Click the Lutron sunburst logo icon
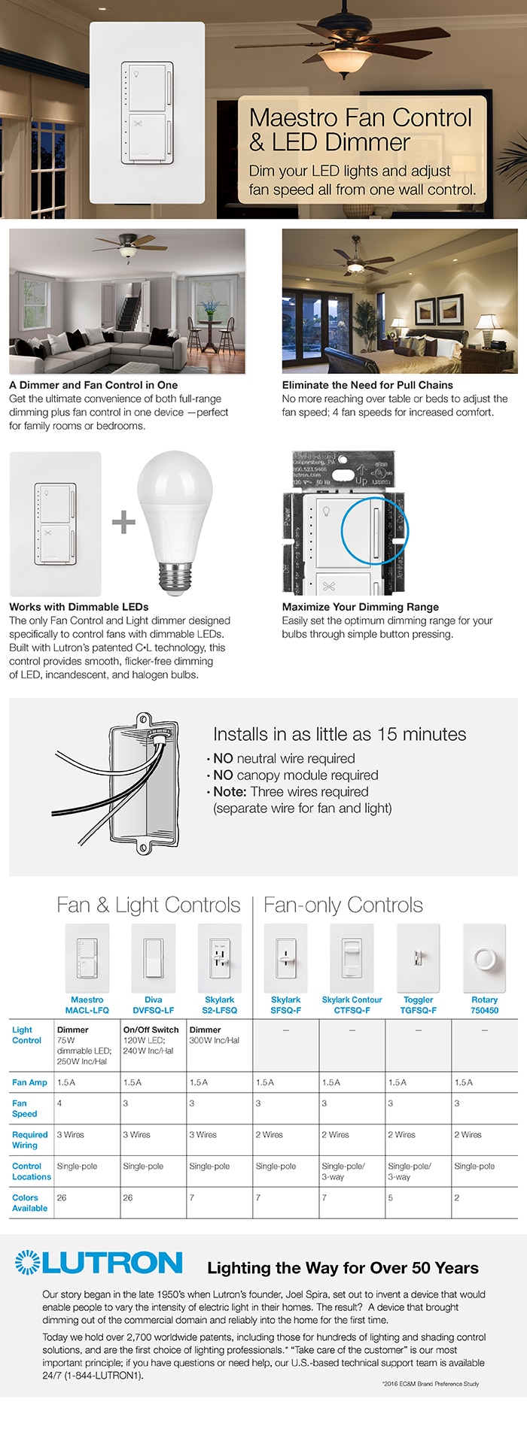[28, 1262]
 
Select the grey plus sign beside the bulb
[123, 522]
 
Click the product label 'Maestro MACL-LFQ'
[87, 1005]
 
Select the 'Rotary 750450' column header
[484, 1005]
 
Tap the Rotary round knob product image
[484, 959]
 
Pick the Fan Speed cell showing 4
[60, 1103]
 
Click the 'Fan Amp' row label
[29, 1082]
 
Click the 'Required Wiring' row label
[29, 1139]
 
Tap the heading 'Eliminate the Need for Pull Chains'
[367, 385]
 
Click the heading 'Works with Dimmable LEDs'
[79, 607]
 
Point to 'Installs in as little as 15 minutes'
[340, 734]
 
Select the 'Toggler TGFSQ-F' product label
[418, 1005]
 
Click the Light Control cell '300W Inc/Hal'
[215, 1040]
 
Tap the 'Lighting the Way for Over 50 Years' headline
[343, 1268]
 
